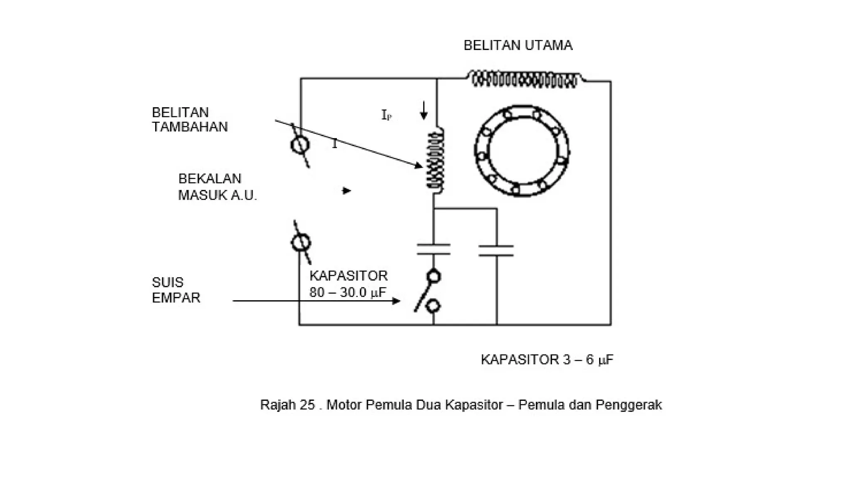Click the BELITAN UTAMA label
click(518, 45)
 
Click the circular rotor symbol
click(522, 151)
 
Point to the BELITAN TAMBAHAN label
click(190, 120)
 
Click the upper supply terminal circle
click(300, 145)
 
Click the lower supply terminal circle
click(301, 242)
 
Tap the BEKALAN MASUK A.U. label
click(217, 187)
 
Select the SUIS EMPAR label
click(176, 290)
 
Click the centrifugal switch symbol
click(429, 292)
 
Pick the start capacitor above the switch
click(433, 249)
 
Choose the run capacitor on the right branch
click(496, 250)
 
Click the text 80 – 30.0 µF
click(348, 293)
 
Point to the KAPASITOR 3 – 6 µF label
click(547, 360)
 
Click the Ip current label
click(386, 115)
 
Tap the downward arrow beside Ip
click(424, 111)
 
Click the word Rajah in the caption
click(277, 405)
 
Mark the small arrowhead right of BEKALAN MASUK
click(347, 191)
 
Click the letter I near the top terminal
click(334, 144)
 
